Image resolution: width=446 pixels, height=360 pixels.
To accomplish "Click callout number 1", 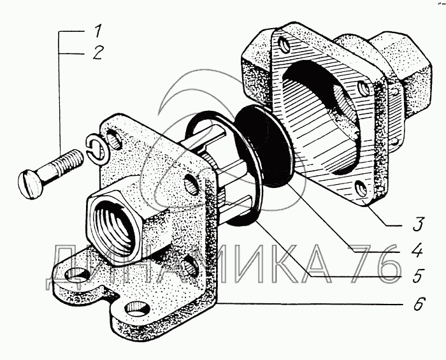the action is click(97, 31).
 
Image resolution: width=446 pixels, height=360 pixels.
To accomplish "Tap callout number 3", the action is click(417, 224).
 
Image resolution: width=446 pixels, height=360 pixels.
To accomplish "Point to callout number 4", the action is click(417, 250).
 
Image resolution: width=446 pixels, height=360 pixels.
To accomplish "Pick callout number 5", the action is click(417, 275).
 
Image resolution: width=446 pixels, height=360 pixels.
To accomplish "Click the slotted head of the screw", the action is click(31, 184).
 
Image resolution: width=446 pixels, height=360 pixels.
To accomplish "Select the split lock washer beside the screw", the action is click(96, 150).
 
